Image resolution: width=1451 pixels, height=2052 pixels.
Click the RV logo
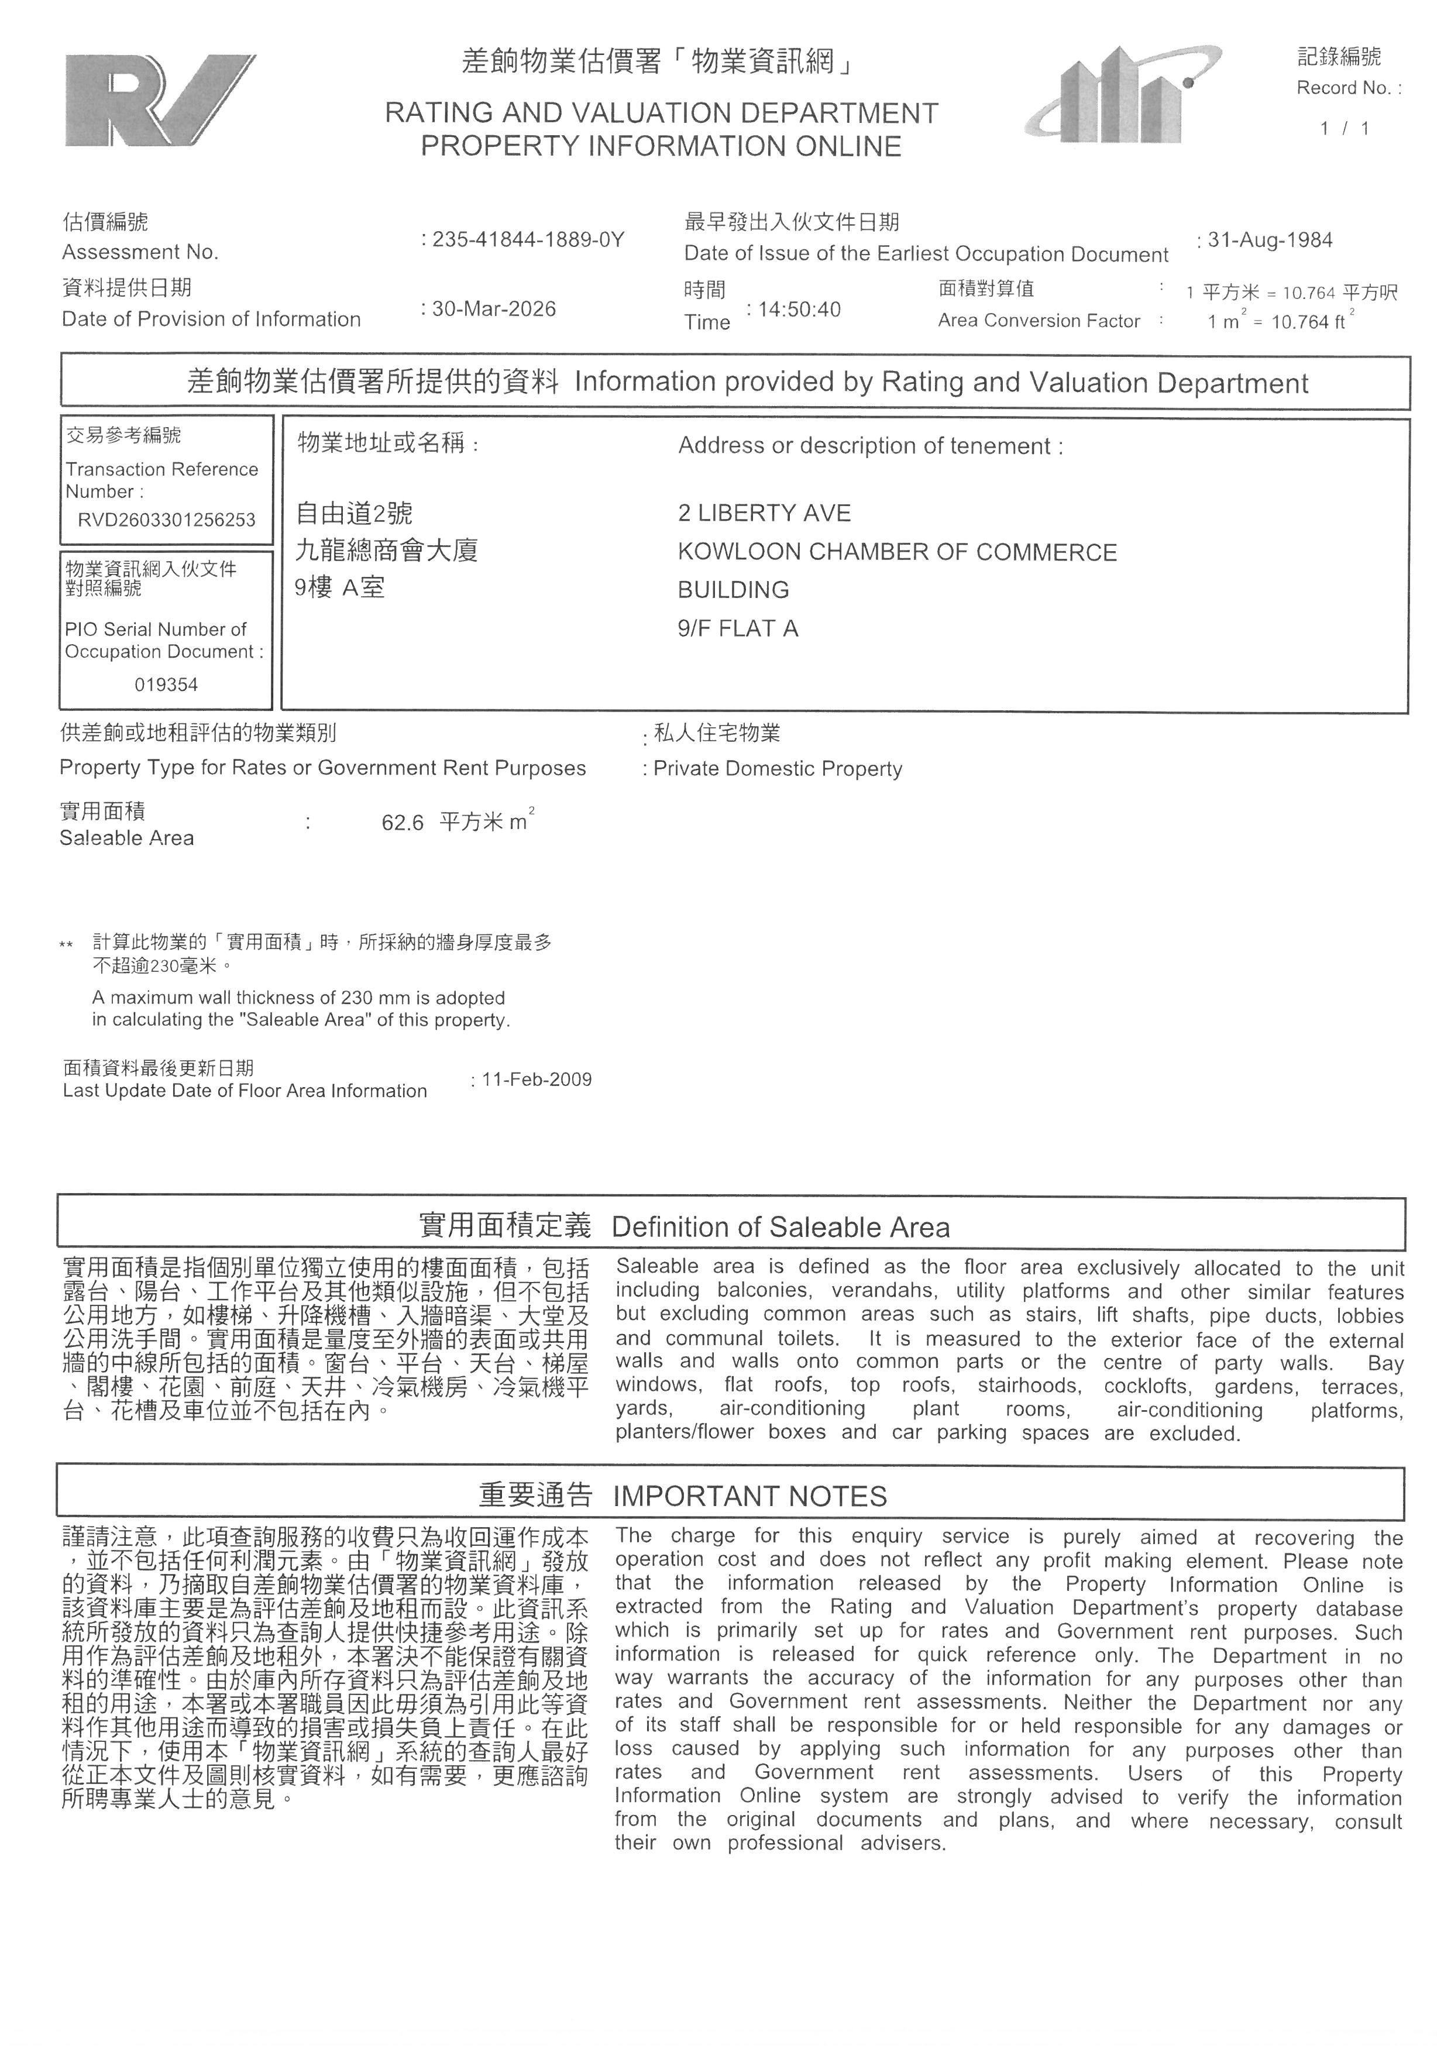coord(159,100)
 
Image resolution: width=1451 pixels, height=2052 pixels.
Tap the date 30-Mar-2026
coord(493,309)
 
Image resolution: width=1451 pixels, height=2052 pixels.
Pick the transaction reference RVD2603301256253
coord(166,520)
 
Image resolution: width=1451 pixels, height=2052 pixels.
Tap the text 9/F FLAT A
coord(737,628)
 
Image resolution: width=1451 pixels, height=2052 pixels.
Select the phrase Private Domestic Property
coord(778,769)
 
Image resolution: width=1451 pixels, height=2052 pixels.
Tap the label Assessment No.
coord(140,252)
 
